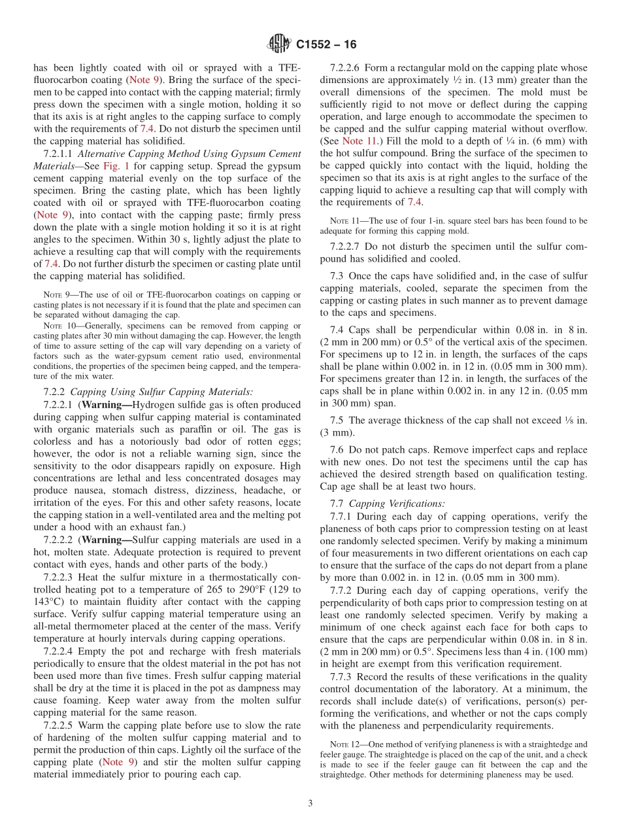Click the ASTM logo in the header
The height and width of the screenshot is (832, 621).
(279, 44)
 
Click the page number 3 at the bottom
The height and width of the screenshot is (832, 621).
(310, 803)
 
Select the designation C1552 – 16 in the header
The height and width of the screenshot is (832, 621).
(326, 45)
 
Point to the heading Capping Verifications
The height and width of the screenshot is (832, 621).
(397, 503)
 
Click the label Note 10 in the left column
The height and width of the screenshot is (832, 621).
(57, 325)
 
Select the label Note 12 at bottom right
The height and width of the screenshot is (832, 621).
(344, 744)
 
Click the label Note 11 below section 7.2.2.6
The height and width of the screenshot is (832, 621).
(344, 220)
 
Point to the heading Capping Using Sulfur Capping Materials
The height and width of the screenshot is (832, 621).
(161, 392)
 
